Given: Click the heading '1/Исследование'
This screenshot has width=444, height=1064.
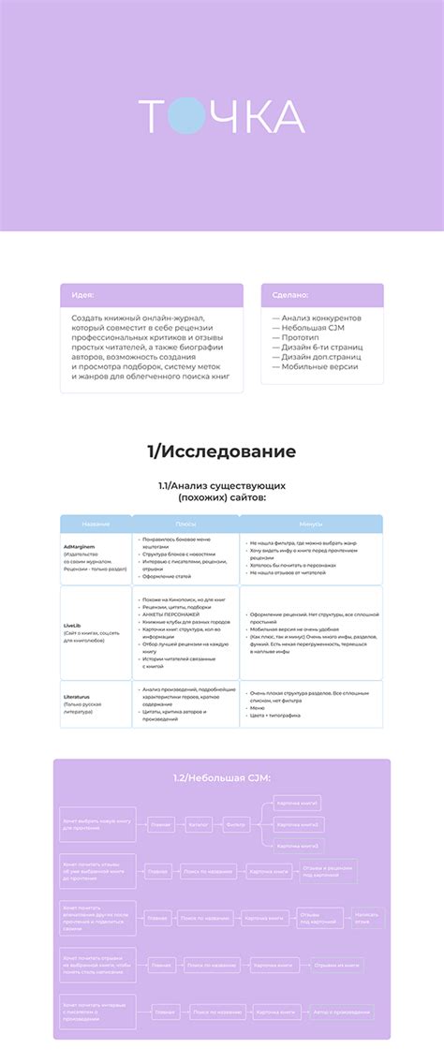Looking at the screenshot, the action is point(221,451).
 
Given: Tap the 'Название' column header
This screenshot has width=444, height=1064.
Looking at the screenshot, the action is point(96,524).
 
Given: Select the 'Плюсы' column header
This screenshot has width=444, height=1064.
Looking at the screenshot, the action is point(185,524).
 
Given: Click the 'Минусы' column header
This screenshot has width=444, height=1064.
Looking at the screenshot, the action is point(311,524).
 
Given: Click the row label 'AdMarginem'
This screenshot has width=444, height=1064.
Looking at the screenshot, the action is point(81,545).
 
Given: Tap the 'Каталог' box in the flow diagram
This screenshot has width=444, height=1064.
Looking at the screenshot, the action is point(199,825).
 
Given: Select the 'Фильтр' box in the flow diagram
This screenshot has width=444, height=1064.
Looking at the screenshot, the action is point(237,825).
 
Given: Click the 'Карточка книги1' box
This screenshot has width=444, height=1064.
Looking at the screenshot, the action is point(298,804).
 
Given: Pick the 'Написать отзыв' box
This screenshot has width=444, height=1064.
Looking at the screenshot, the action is point(367,918).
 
